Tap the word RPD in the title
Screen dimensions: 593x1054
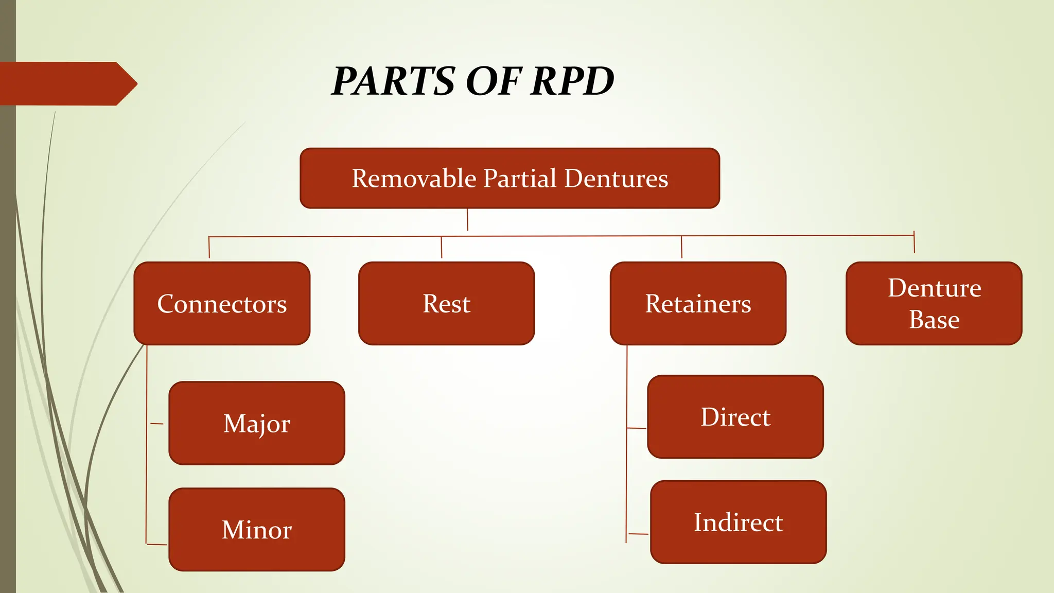coord(572,81)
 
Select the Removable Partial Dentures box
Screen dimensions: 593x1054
coord(510,178)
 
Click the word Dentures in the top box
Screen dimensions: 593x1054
coord(616,179)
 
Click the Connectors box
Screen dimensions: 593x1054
coord(222,304)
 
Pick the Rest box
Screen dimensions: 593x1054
coord(446,304)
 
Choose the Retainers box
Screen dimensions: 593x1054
coord(698,304)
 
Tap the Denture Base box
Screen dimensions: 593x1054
coord(934,304)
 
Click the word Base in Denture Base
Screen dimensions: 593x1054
coord(934,320)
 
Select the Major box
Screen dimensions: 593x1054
coord(257,423)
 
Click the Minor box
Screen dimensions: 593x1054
coord(257,530)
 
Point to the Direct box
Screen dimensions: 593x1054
coord(735,417)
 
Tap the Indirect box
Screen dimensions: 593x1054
coord(738,522)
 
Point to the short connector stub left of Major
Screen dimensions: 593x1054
coord(157,424)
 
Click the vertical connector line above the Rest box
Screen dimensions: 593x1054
coord(442,248)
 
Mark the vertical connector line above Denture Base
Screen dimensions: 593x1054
coord(914,242)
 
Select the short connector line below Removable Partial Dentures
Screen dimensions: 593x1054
coord(467,220)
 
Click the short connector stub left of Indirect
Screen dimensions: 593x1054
coord(639,534)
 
